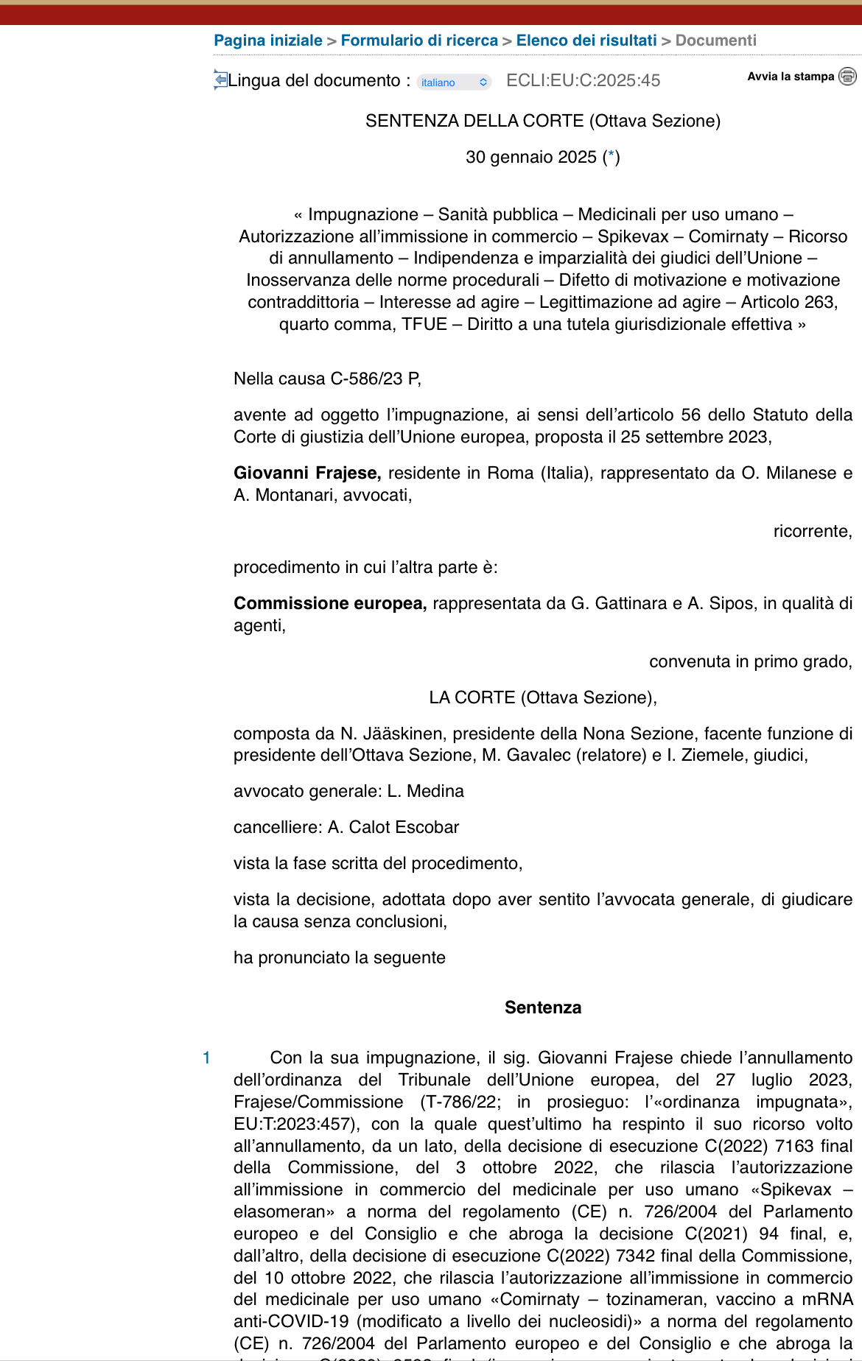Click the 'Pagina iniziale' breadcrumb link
268,41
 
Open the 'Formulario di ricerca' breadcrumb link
419,41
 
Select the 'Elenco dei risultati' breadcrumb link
586,41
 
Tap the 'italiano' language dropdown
454,82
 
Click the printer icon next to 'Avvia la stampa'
848,76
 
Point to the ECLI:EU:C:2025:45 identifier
583,80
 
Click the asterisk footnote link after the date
611,157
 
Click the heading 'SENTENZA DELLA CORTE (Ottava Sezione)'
543,121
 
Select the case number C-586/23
367,379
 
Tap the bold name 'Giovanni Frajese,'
307,473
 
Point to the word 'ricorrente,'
813,531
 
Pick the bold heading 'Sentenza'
543,1007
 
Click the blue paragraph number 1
206,1058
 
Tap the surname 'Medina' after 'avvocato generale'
435,791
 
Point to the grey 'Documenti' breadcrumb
715,41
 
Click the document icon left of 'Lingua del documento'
220,79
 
